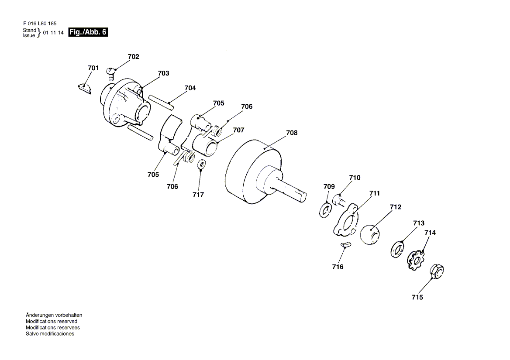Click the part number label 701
coord(93,68)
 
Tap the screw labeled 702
coord(110,71)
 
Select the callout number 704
coord(190,88)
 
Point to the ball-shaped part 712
coord(370,234)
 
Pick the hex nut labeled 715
coord(437,271)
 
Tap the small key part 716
coord(345,245)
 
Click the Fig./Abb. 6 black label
coord(88,32)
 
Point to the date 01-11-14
coord(53,33)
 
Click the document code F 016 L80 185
coord(39,24)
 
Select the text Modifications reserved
coord(52,321)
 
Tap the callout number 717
coord(198,195)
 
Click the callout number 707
coord(238,130)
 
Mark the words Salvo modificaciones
coord(50,334)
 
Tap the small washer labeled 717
coord(202,165)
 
